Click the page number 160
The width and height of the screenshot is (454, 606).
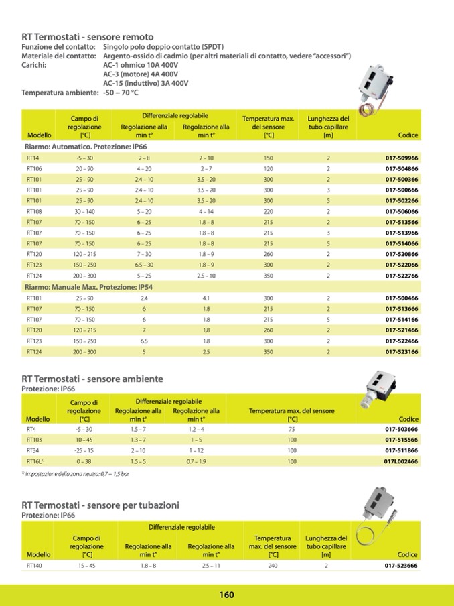click(226, 595)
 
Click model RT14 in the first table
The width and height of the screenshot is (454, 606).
click(33, 158)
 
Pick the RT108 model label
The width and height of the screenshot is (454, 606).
click(34, 211)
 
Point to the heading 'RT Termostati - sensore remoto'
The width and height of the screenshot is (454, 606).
click(88, 37)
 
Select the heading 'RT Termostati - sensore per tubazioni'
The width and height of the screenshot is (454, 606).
click(100, 504)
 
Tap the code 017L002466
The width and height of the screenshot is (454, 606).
click(400, 461)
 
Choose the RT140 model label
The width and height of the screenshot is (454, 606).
click(35, 566)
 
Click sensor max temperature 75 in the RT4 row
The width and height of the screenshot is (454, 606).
click(292, 429)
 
